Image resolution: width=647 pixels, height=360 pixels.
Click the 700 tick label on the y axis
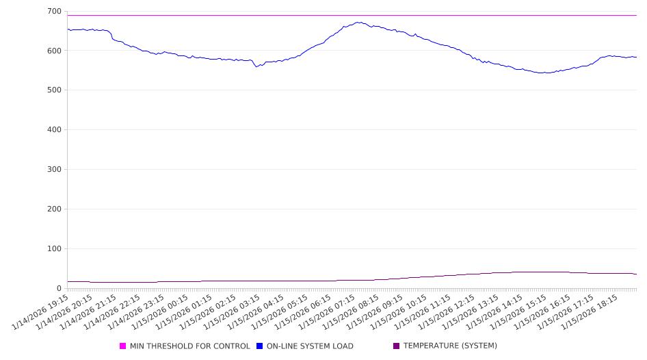54,12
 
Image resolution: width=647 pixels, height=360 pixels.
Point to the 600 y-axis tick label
54,51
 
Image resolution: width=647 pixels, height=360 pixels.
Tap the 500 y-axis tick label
54,90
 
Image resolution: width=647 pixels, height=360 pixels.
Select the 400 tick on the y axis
54,130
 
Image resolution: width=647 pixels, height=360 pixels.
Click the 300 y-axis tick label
54,170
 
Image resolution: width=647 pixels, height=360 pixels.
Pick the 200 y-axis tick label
54,209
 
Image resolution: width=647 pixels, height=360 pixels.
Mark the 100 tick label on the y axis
54,249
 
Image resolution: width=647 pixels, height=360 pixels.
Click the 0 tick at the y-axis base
60,288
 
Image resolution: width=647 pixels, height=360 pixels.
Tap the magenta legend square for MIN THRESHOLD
123,346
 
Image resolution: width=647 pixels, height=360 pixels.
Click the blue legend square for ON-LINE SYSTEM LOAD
260,346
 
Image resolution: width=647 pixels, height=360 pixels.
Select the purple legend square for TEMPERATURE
397,346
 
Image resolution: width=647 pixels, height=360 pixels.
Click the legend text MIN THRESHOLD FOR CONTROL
190,346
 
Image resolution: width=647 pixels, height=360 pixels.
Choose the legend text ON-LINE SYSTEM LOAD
310,346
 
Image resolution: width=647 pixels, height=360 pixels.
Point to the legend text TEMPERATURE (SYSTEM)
450,346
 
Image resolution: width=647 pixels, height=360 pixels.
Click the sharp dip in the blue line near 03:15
256,66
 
